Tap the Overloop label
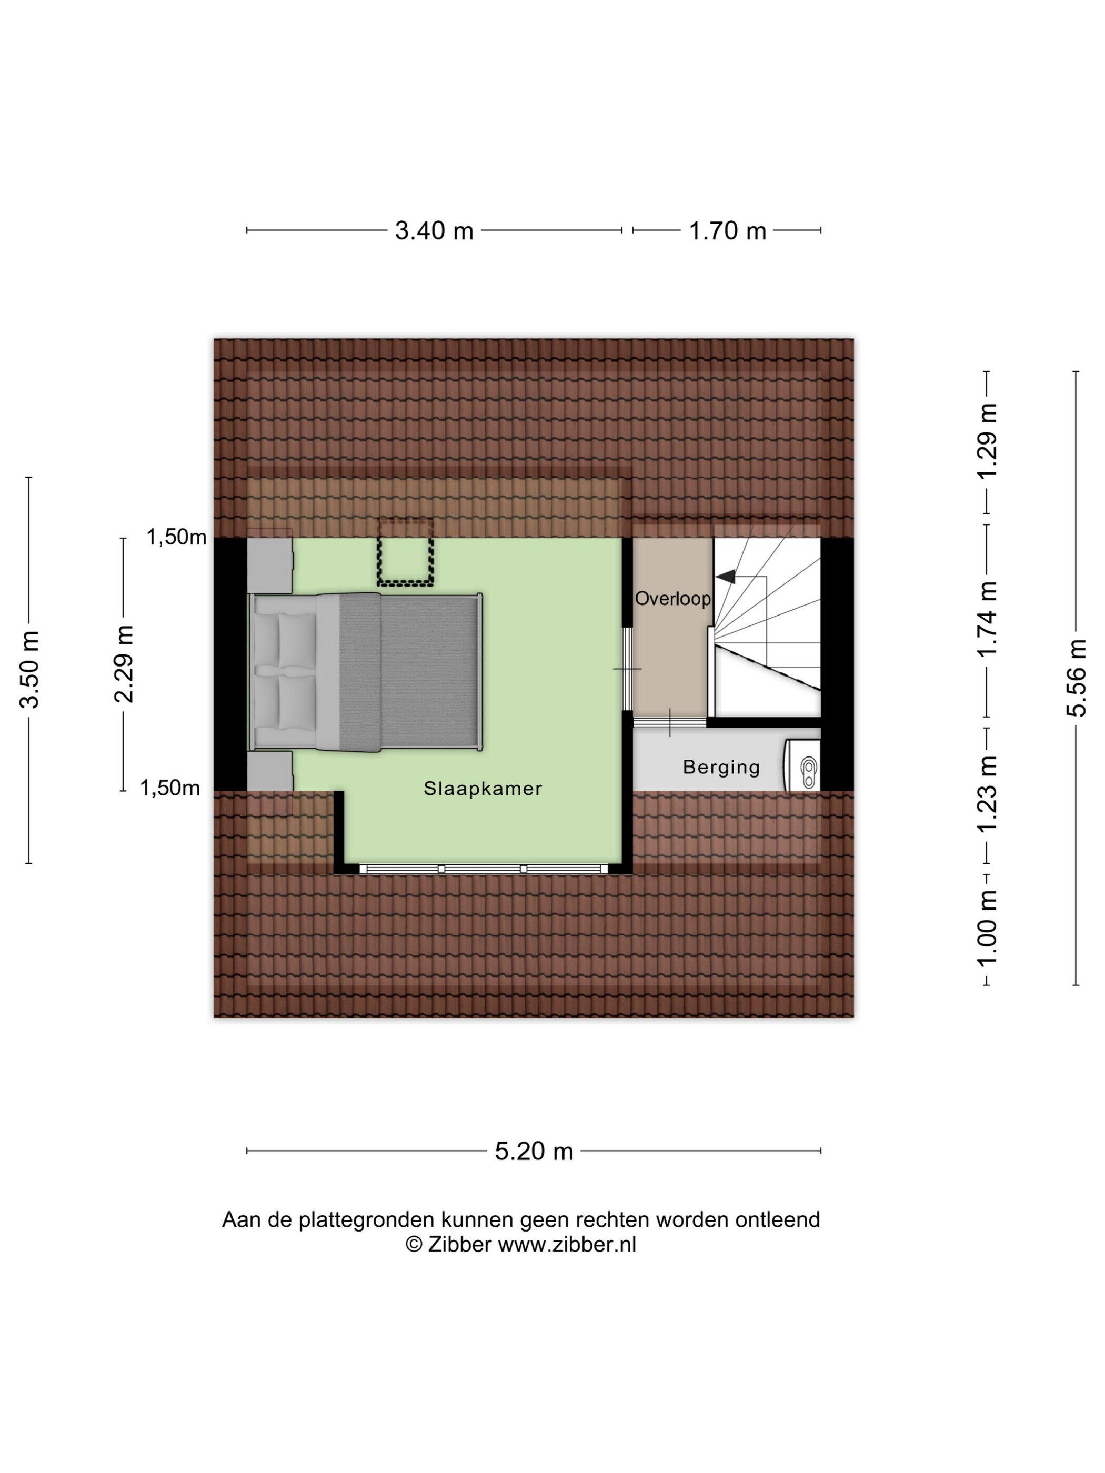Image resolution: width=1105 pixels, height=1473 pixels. (x=672, y=598)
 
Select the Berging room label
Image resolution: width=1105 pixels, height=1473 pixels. (x=721, y=768)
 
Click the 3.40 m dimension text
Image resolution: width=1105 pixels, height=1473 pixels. (x=434, y=231)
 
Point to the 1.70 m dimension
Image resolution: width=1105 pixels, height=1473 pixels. (x=727, y=231)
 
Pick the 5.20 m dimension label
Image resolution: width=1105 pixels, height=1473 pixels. (x=534, y=1152)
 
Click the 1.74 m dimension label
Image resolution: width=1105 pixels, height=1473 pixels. (x=987, y=619)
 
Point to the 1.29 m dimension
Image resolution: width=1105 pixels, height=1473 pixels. (x=987, y=439)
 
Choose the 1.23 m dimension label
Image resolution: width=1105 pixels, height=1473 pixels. (x=987, y=794)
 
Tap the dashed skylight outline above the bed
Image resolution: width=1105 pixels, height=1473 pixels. (x=405, y=552)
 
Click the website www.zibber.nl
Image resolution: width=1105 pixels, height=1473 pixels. (x=567, y=1244)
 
